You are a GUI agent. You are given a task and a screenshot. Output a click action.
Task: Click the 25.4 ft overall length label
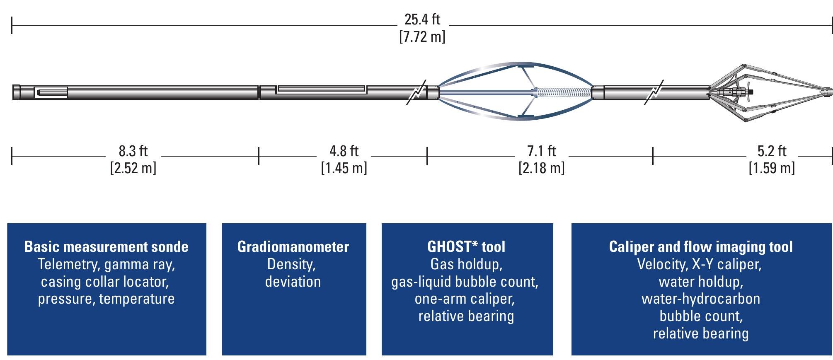pos(422,19)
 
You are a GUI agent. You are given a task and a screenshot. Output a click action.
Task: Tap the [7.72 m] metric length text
pos(422,37)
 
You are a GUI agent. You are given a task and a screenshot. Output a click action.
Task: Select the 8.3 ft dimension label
pos(133,151)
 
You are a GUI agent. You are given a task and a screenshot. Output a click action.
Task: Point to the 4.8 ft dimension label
pos(344,151)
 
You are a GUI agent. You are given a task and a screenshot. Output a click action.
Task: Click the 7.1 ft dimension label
pos(541,151)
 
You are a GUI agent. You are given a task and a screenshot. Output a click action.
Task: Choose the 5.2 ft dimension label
pos(772,151)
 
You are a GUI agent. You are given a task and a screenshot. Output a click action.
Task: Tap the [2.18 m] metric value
pos(541,168)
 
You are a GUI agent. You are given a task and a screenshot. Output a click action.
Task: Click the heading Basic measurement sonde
pos(106,247)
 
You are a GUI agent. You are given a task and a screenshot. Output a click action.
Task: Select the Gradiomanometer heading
pos(293,247)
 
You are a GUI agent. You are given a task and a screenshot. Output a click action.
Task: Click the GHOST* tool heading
pos(466,247)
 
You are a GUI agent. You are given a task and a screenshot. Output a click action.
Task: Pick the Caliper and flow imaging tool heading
pos(701,247)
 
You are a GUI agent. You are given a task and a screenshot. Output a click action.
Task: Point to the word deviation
pos(293,282)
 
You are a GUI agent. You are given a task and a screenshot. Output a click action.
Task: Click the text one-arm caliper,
pos(465,299)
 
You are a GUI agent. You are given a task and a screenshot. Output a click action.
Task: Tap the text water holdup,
pos(701,282)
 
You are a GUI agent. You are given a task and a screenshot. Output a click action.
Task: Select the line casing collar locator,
pos(105,282)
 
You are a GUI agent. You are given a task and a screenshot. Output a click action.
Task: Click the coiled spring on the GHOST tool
pos(564,92)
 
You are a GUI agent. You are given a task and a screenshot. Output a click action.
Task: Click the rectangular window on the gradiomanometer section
pos(321,89)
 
